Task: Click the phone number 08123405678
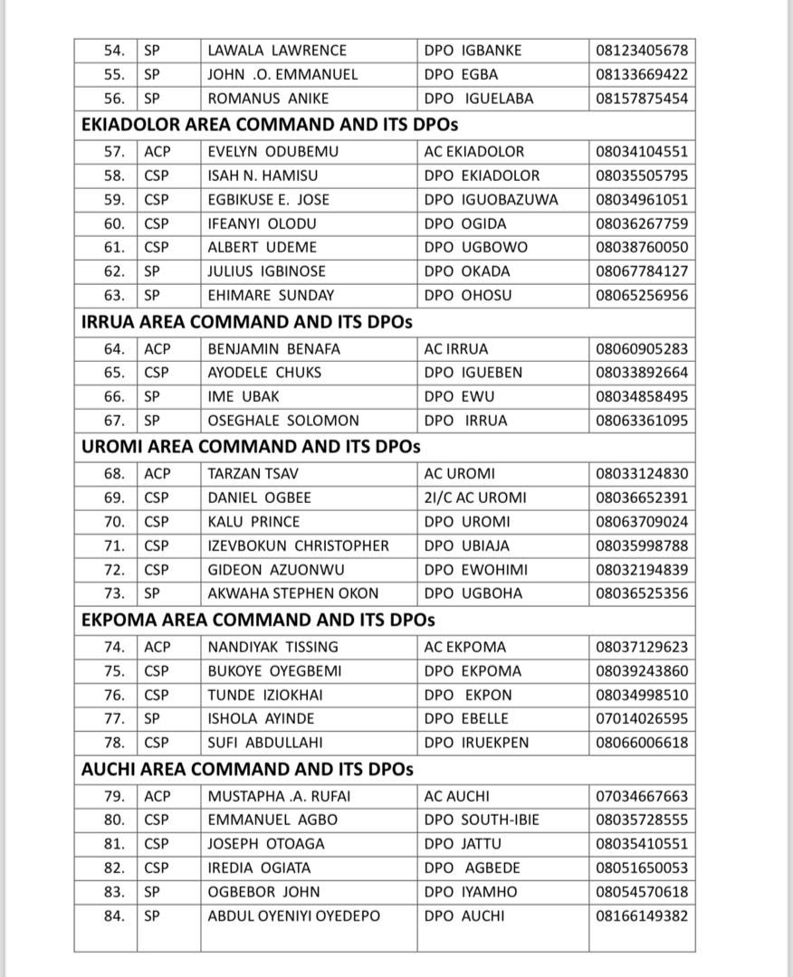click(641, 51)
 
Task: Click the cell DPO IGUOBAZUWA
click(491, 200)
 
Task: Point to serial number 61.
click(114, 247)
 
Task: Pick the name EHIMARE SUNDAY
click(271, 295)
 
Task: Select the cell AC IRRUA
click(455, 348)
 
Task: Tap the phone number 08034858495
click(641, 396)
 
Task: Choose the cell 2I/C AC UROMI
click(474, 498)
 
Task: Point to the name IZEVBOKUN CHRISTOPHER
click(298, 545)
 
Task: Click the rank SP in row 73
click(152, 593)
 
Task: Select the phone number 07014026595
click(641, 719)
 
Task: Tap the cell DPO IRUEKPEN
click(476, 743)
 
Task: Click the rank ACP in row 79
click(157, 796)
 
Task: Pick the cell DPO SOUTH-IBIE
click(481, 820)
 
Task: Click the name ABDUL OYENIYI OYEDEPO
click(293, 915)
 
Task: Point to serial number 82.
click(114, 868)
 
